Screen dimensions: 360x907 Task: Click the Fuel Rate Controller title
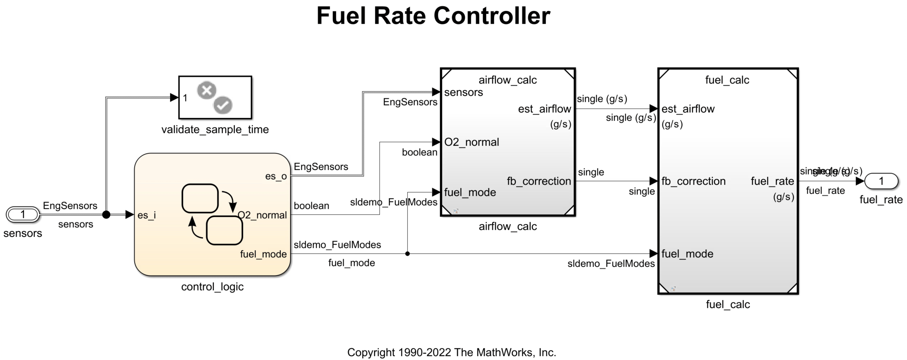click(433, 16)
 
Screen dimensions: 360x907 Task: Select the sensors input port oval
click(23, 214)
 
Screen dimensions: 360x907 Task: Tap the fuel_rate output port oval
click(881, 181)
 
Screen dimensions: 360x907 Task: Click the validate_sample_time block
click(215, 98)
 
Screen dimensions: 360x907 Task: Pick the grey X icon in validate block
click(207, 90)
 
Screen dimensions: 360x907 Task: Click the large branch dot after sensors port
click(106, 214)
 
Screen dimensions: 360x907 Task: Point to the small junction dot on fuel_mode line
click(407, 253)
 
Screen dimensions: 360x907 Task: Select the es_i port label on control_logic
click(147, 215)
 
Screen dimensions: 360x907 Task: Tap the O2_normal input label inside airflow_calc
click(471, 142)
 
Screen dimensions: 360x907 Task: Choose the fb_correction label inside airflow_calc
click(539, 181)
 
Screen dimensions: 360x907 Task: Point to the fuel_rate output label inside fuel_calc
click(772, 181)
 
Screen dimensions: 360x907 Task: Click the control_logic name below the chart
click(212, 287)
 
